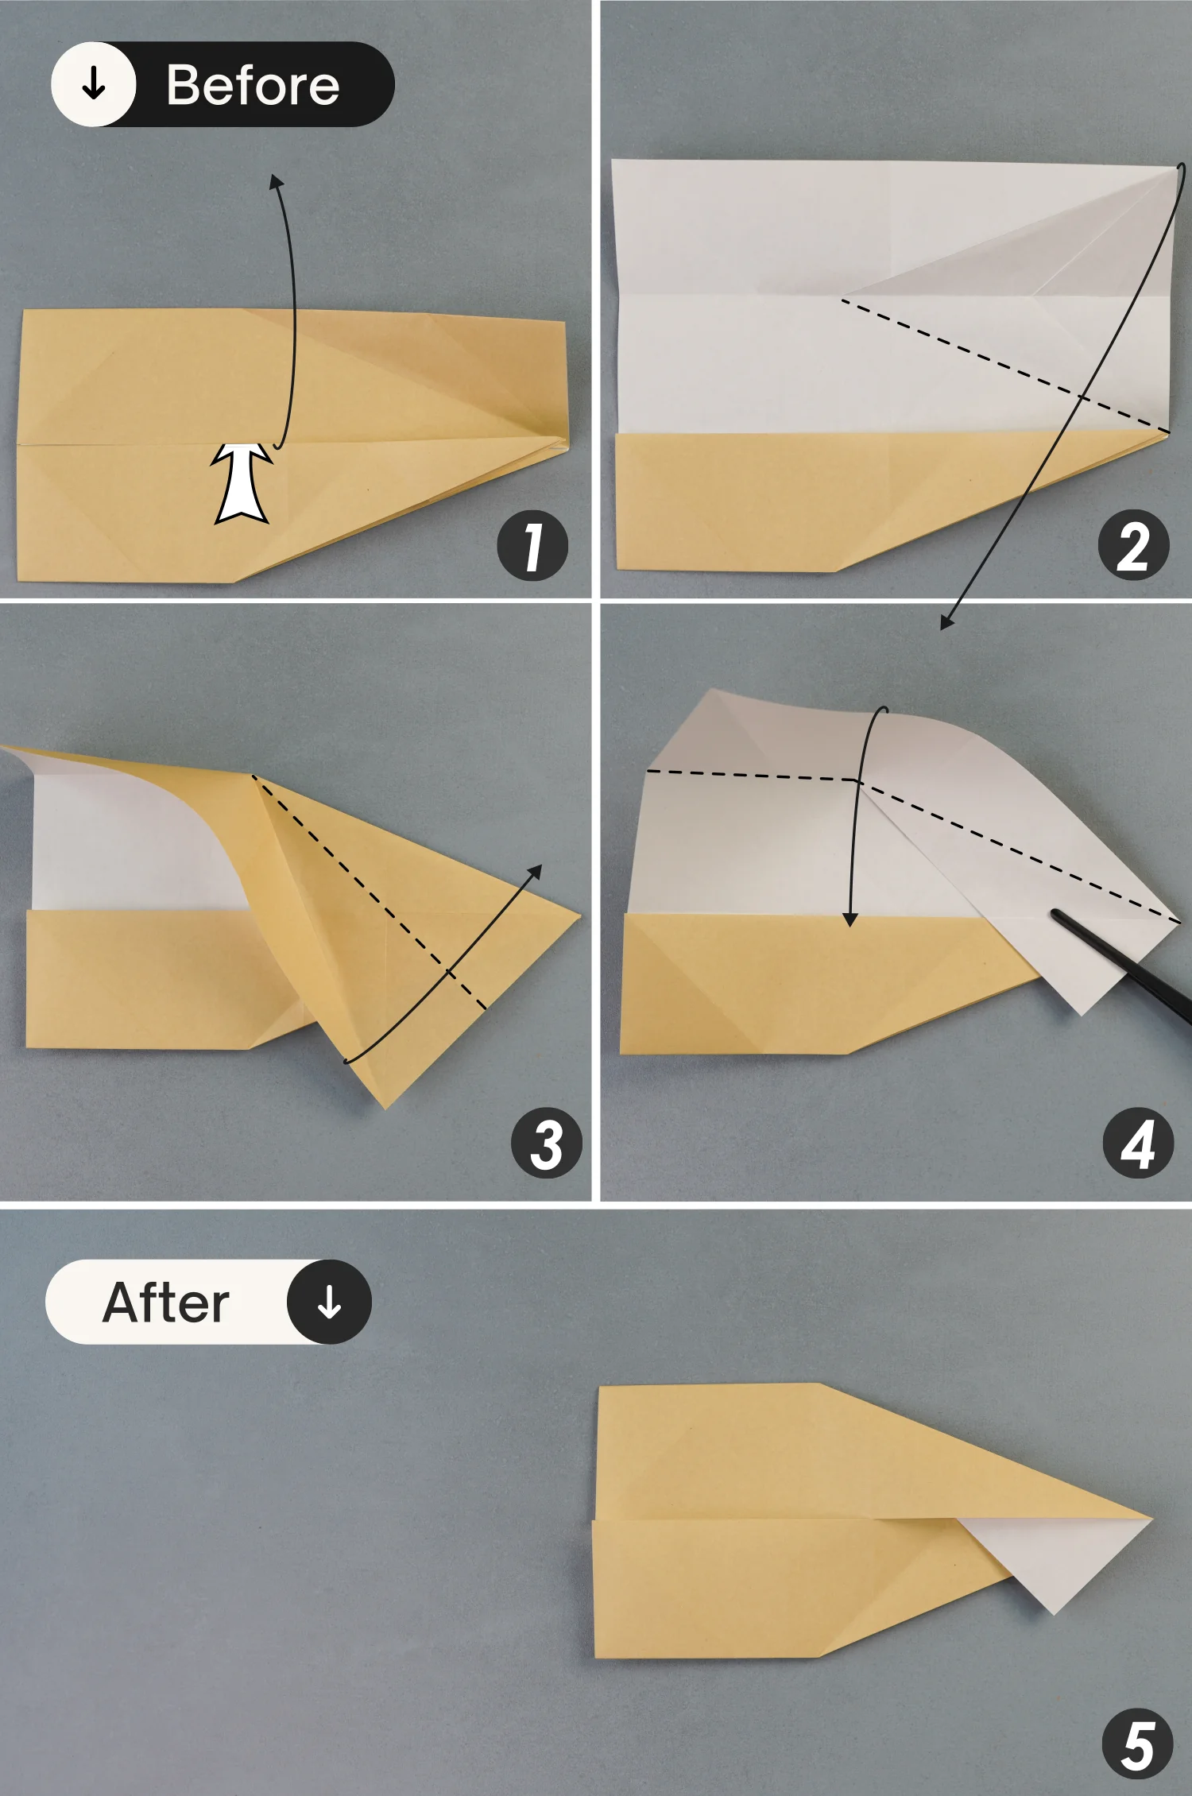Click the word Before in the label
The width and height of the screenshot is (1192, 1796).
pos(253,85)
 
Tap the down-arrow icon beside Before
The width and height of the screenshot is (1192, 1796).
pos(94,83)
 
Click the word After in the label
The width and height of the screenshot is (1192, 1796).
pos(166,1302)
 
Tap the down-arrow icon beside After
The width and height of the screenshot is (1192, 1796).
pos(329,1302)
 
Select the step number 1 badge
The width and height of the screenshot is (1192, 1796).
pos(532,546)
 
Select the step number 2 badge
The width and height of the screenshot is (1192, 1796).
pos(1133,546)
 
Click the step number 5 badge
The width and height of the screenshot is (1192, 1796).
pos(1138,1744)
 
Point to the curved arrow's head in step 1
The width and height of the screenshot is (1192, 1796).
pos(276,182)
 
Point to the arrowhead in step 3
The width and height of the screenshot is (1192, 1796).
pos(536,872)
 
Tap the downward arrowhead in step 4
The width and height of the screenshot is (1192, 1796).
pos(850,919)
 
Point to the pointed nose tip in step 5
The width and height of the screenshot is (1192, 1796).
pos(1148,1519)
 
